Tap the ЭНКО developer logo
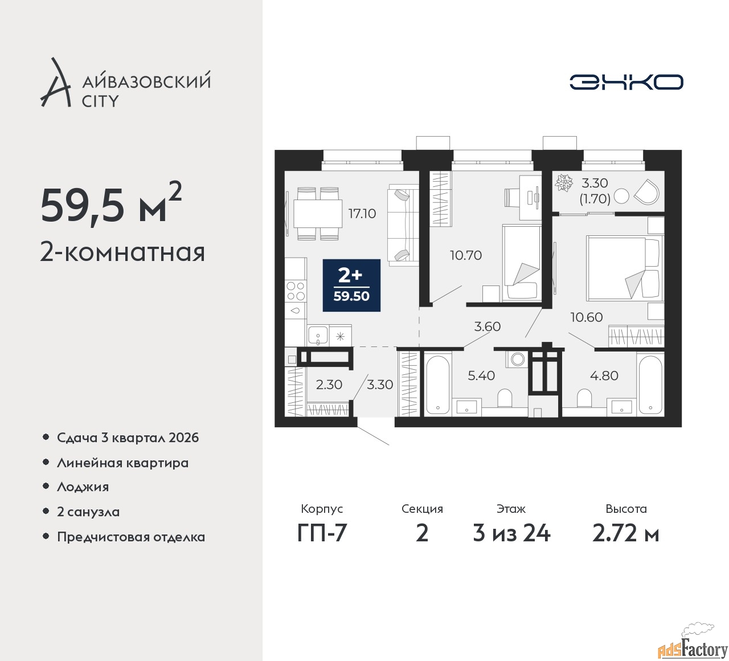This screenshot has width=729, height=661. click(x=626, y=82)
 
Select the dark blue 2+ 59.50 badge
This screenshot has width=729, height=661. click(x=351, y=285)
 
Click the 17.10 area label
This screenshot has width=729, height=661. click(x=362, y=214)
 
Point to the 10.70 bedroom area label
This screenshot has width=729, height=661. click(x=466, y=255)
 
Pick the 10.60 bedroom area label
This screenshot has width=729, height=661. click(x=587, y=317)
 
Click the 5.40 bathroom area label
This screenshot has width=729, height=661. click(x=481, y=376)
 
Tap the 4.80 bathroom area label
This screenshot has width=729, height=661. click(x=604, y=376)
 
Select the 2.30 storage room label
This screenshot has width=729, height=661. click(x=329, y=385)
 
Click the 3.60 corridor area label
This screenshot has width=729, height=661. click(x=488, y=327)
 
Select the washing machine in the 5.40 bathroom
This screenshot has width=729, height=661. click(x=516, y=359)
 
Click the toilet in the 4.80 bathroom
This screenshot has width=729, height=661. click(x=584, y=398)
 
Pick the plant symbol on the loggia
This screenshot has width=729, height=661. click(x=564, y=182)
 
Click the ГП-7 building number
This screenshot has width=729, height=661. click(x=322, y=533)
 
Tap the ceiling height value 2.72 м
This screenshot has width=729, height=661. click(x=625, y=533)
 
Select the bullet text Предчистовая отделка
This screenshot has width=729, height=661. click(x=131, y=537)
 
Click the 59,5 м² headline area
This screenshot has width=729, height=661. click(x=111, y=203)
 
